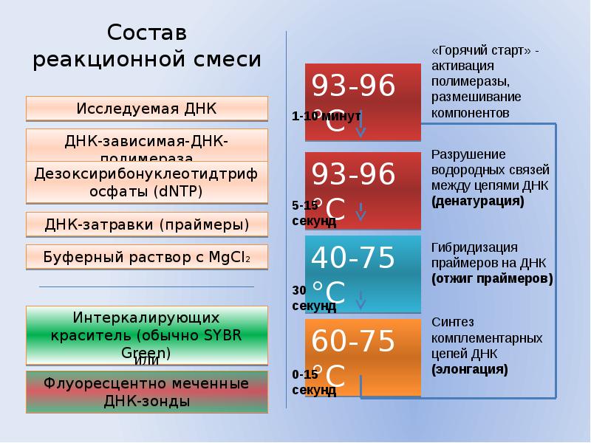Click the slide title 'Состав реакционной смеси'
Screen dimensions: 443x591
click(x=147, y=47)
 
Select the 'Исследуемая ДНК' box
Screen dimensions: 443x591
click(x=146, y=109)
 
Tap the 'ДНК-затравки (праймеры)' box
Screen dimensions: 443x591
click(x=146, y=224)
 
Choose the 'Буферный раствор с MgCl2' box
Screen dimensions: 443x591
click(x=146, y=257)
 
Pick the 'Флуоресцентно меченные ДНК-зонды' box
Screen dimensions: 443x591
click(x=146, y=393)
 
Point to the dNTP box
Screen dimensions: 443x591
click(x=146, y=182)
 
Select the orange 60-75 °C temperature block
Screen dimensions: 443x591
click(x=363, y=358)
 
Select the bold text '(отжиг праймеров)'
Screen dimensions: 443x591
click(x=492, y=279)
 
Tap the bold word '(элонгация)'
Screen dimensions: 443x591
click(x=470, y=367)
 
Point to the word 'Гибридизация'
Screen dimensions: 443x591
click(x=474, y=247)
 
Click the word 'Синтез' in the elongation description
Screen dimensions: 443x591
click(x=453, y=322)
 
